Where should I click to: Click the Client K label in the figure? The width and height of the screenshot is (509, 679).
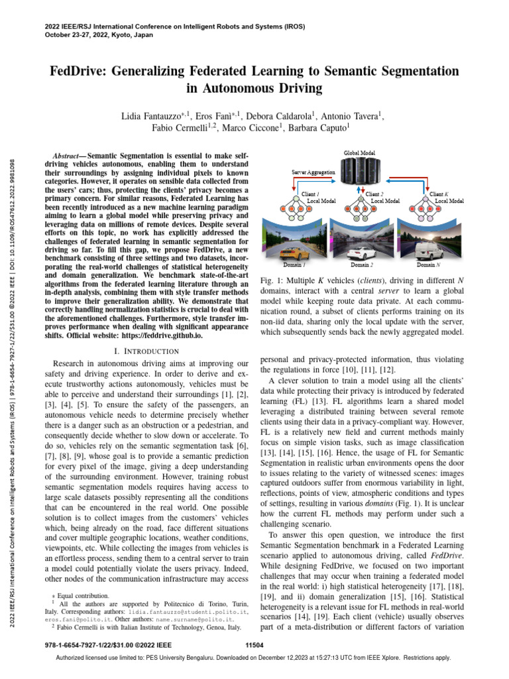click(x=439, y=194)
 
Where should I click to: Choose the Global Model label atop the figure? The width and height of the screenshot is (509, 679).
click(x=359, y=153)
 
